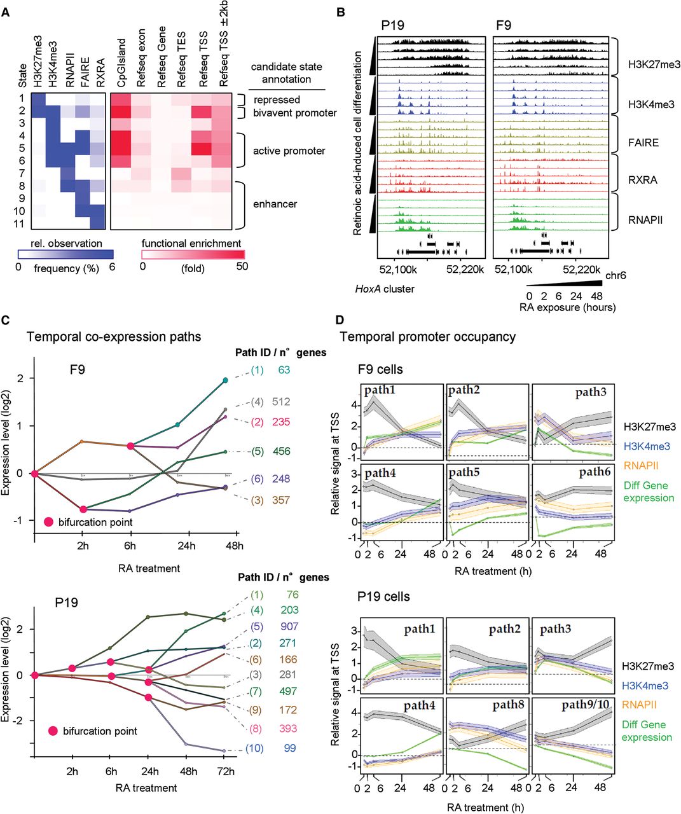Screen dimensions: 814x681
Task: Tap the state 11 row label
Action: coord(21,223)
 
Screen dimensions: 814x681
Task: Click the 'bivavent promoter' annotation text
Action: coord(295,113)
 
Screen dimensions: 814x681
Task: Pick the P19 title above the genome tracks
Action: coord(392,26)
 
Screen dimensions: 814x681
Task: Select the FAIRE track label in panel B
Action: coord(643,142)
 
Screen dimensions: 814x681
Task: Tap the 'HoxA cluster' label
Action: coord(385,289)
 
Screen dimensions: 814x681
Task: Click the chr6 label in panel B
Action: coord(614,276)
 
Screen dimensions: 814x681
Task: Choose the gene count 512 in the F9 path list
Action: coord(280,401)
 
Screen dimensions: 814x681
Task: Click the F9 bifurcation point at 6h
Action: coord(130,446)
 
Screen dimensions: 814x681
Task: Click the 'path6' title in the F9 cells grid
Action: coord(595,473)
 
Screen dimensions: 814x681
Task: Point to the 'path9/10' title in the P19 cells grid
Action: coord(584,705)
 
